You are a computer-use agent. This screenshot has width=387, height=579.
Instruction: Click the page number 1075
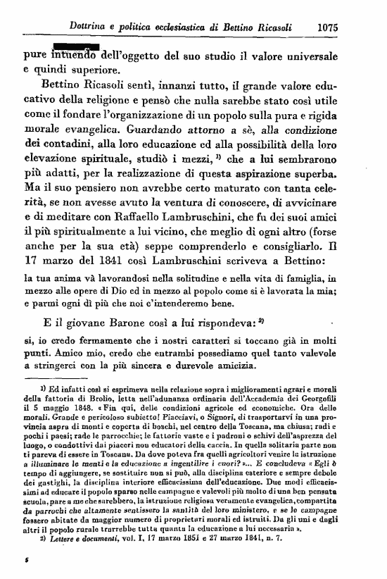[x=329, y=29]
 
